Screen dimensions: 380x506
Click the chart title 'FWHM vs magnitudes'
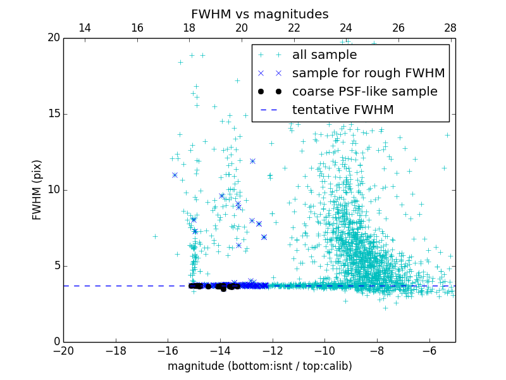[259, 14]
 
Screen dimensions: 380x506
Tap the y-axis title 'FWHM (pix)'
[37, 189]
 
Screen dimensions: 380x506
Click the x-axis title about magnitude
[259, 366]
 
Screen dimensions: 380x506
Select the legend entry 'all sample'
[324, 55]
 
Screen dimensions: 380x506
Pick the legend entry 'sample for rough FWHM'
[368, 73]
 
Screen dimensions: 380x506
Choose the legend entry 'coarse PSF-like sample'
[364, 92]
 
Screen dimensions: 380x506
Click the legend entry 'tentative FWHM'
[342, 110]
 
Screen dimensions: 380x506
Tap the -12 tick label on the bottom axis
[272, 351]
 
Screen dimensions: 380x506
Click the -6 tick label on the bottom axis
[429, 351]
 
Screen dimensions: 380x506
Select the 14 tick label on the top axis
[84, 28]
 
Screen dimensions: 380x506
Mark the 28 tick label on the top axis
[450, 28]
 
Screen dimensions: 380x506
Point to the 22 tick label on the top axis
[293, 28]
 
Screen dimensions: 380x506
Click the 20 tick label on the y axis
[52, 38]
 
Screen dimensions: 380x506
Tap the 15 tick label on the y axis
[52, 114]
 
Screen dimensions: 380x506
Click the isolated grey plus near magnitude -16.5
[155, 236]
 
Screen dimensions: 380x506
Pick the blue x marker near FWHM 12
[252, 161]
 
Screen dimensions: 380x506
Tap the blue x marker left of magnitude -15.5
[175, 175]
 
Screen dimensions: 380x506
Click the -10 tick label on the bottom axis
[324, 351]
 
